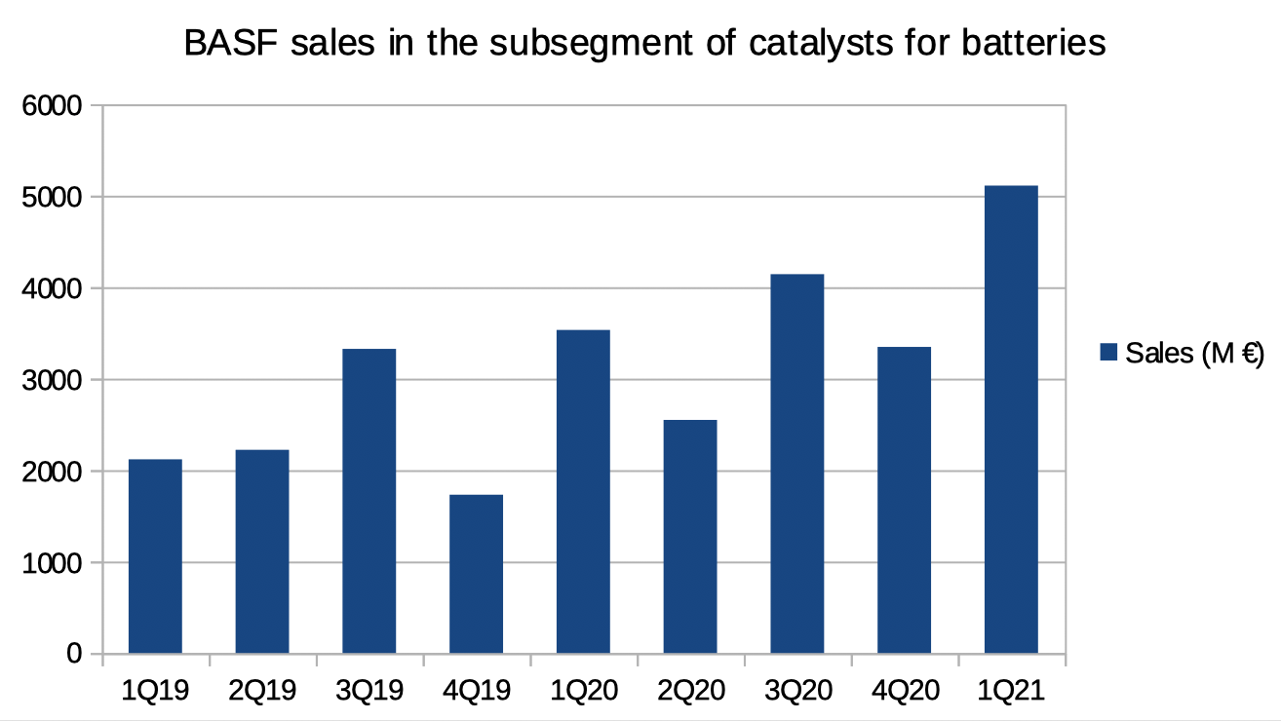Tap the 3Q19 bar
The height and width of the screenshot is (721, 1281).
pyautogui.click(x=369, y=501)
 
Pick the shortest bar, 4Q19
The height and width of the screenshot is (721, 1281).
pyautogui.click(x=476, y=574)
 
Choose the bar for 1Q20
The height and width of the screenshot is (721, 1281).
pyautogui.click(x=583, y=491)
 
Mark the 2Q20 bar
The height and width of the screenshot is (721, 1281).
pyautogui.click(x=690, y=536)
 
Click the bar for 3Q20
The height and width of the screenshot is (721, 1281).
pyautogui.click(x=796, y=464)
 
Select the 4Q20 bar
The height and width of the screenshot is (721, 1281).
pyautogui.click(x=904, y=500)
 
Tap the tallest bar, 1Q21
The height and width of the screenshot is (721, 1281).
pyautogui.click(x=1011, y=419)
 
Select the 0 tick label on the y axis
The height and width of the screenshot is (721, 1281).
pyautogui.click(x=74, y=654)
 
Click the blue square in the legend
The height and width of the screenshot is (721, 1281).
pyautogui.click(x=1107, y=353)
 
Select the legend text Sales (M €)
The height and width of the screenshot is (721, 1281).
pyautogui.click(x=1194, y=353)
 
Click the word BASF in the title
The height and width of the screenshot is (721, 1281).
pyautogui.click(x=223, y=44)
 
